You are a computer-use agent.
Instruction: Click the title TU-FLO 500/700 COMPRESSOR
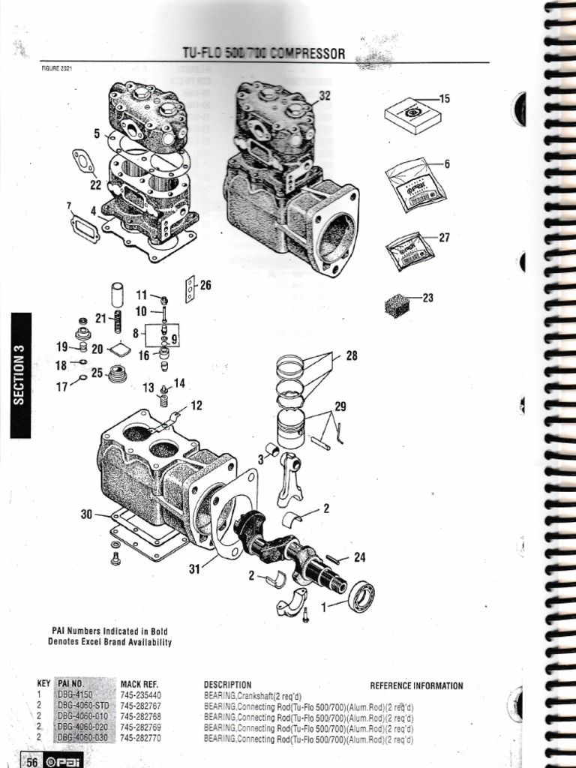(x=264, y=54)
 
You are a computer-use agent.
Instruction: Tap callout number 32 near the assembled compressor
(x=324, y=95)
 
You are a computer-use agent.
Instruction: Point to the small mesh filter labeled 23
(x=396, y=304)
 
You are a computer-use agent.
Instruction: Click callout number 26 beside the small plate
(x=205, y=285)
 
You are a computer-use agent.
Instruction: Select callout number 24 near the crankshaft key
(x=360, y=557)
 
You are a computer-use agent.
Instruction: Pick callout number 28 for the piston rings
(x=352, y=356)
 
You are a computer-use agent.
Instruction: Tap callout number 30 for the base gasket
(x=86, y=514)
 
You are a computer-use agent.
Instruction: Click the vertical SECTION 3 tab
(x=20, y=375)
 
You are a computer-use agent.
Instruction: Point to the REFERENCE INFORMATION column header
(x=416, y=685)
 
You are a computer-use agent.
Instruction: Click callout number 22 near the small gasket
(x=95, y=184)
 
